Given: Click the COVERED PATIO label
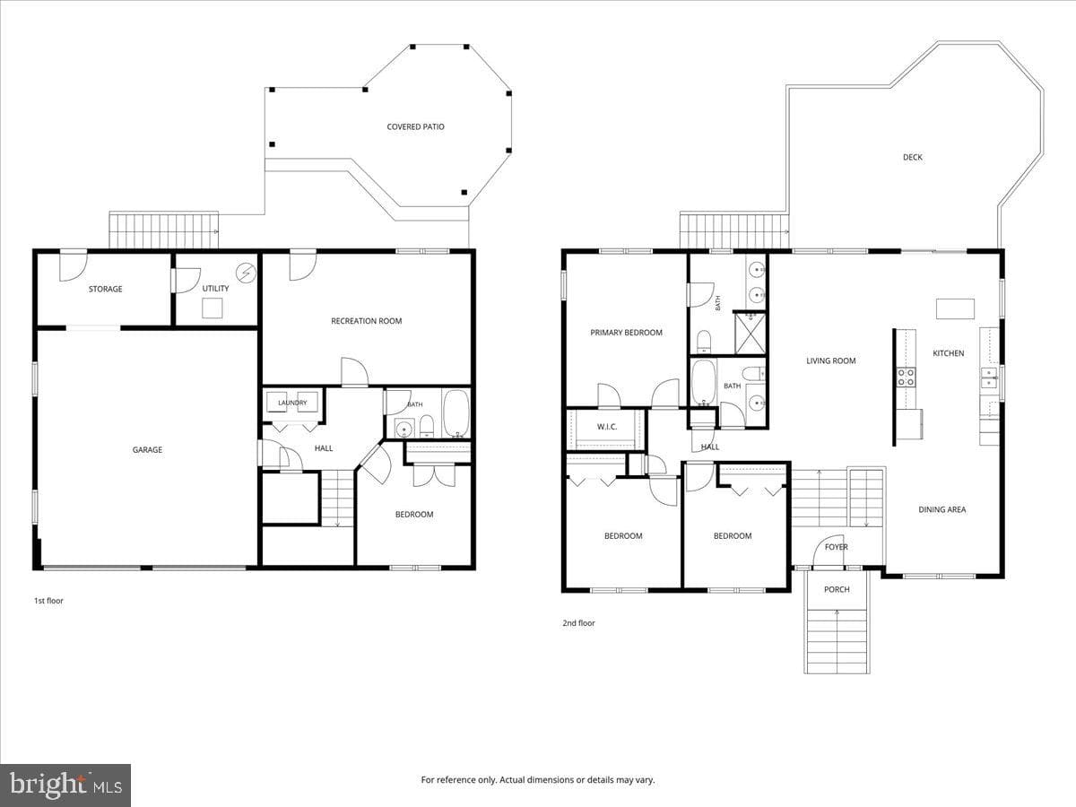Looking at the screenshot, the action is click(x=416, y=127).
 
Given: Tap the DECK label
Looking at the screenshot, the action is click(x=912, y=157).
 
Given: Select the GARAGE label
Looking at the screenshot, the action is click(x=147, y=450).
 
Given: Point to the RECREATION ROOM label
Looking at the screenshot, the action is click(x=366, y=321).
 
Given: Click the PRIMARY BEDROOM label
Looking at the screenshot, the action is click(x=626, y=333).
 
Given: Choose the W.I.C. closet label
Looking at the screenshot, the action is click(x=607, y=427).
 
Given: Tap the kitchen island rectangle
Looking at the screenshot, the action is click(x=956, y=309).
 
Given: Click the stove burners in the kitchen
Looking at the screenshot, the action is click(x=906, y=377).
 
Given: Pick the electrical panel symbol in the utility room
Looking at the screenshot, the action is click(x=246, y=273).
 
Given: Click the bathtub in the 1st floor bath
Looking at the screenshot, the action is click(x=456, y=413).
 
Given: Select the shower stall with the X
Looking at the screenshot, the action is click(x=750, y=334).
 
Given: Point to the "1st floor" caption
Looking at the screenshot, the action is click(x=48, y=601).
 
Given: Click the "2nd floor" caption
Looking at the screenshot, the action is click(x=578, y=623).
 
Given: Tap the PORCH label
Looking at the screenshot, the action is click(x=837, y=589).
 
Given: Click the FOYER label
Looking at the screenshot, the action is click(x=837, y=547).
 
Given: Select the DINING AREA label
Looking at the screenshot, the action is click(x=942, y=509).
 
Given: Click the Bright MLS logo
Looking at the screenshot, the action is click(x=65, y=785).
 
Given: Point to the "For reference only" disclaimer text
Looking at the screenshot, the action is click(x=538, y=779).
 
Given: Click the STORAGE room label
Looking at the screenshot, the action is click(x=106, y=289).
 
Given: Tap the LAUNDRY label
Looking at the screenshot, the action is click(x=292, y=403).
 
